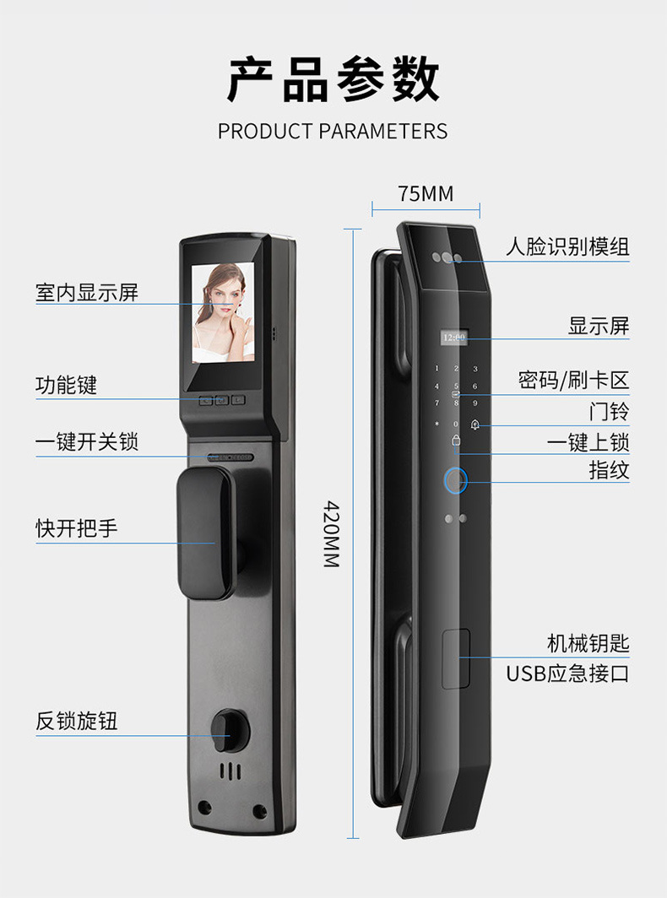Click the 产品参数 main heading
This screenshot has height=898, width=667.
pyautogui.click(x=333, y=80)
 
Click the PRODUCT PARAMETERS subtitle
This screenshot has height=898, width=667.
pyautogui.click(x=333, y=132)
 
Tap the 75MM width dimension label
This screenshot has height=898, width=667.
pyautogui.click(x=426, y=194)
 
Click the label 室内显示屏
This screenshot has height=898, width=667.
pyautogui.click(x=87, y=293)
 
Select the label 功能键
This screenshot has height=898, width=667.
pyautogui.click(x=67, y=386)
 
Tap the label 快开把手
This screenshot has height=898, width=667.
pyautogui.click(x=77, y=528)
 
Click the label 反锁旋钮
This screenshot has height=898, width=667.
pyautogui.click(x=77, y=721)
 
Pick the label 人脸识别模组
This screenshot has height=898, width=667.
pyautogui.click(x=567, y=247)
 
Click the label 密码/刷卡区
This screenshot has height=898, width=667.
pyautogui.click(x=573, y=380)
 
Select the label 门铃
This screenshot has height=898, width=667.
pyautogui.click(x=609, y=412)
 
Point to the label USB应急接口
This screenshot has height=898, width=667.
pyautogui.click(x=567, y=673)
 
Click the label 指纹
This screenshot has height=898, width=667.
pyautogui.click(x=609, y=470)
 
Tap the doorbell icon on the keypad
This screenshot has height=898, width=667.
pyautogui.click(x=475, y=425)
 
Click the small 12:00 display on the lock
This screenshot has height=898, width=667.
pyautogui.click(x=453, y=338)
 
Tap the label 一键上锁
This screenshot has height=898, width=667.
pyautogui.click(x=588, y=442)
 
